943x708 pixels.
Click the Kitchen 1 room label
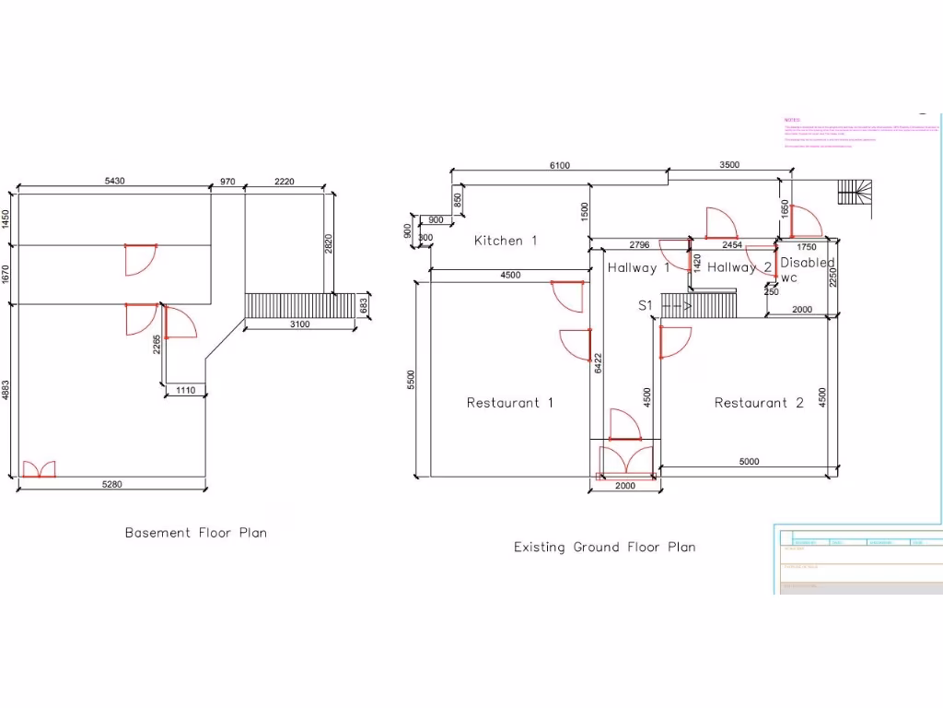[505, 241]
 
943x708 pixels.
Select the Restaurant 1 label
[509, 403]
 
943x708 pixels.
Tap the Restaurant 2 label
[759, 403]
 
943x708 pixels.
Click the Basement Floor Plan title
[195, 533]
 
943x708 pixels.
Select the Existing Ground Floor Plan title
[604, 548]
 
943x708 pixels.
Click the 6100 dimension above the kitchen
[559, 166]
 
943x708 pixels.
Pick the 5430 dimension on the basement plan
[115, 182]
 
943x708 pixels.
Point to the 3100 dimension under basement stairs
[299, 324]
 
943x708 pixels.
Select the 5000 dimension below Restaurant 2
[750, 462]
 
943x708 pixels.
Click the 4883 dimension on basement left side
[6, 389]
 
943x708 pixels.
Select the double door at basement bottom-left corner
[38, 469]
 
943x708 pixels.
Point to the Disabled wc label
[806, 270]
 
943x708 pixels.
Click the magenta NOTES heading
[792, 120]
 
